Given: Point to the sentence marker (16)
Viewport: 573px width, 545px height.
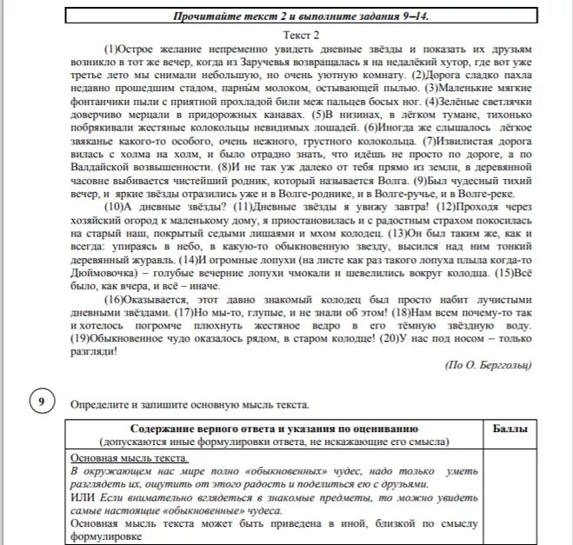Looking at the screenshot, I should click(115, 297).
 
